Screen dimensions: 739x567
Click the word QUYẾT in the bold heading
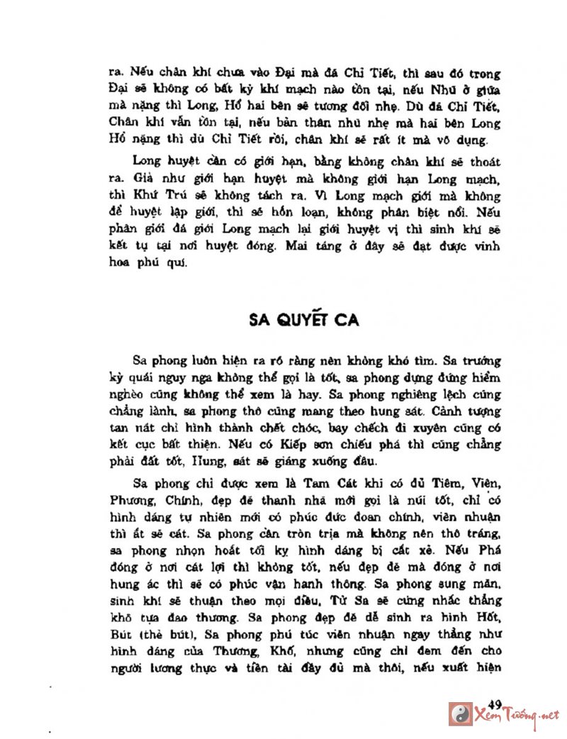(305, 319)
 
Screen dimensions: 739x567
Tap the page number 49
(495, 704)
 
